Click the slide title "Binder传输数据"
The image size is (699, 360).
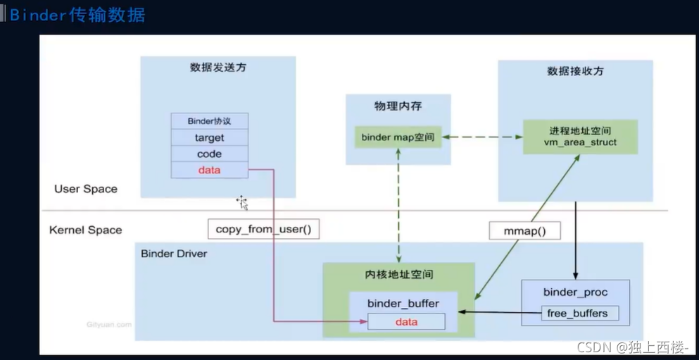coord(77,15)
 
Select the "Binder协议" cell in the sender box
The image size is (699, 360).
coord(209,120)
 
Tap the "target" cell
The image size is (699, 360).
coord(209,137)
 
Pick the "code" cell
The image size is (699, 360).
coord(209,154)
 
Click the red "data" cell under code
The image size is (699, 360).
coord(209,170)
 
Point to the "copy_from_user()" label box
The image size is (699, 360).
coord(264,228)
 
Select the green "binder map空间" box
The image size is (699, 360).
coord(398,137)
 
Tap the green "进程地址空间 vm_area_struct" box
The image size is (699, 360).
coord(579,137)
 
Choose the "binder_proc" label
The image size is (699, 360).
coord(575,292)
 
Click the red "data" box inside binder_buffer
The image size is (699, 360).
coord(406,322)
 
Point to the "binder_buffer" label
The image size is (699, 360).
coord(403,304)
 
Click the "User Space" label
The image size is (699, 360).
coord(86,189)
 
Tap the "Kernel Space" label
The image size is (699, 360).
coord(86,230)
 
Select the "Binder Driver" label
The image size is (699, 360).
coord(174,253)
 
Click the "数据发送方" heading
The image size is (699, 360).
coord(218,68)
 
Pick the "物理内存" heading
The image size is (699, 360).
coord(398,106)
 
